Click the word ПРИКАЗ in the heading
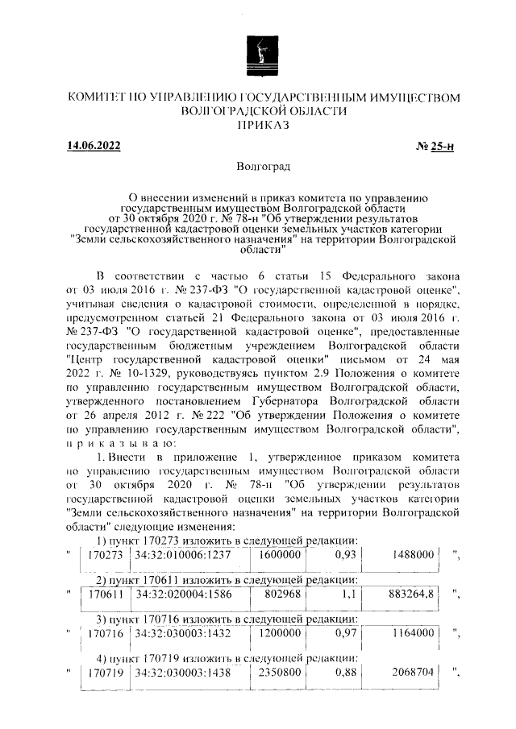pos(259,126)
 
